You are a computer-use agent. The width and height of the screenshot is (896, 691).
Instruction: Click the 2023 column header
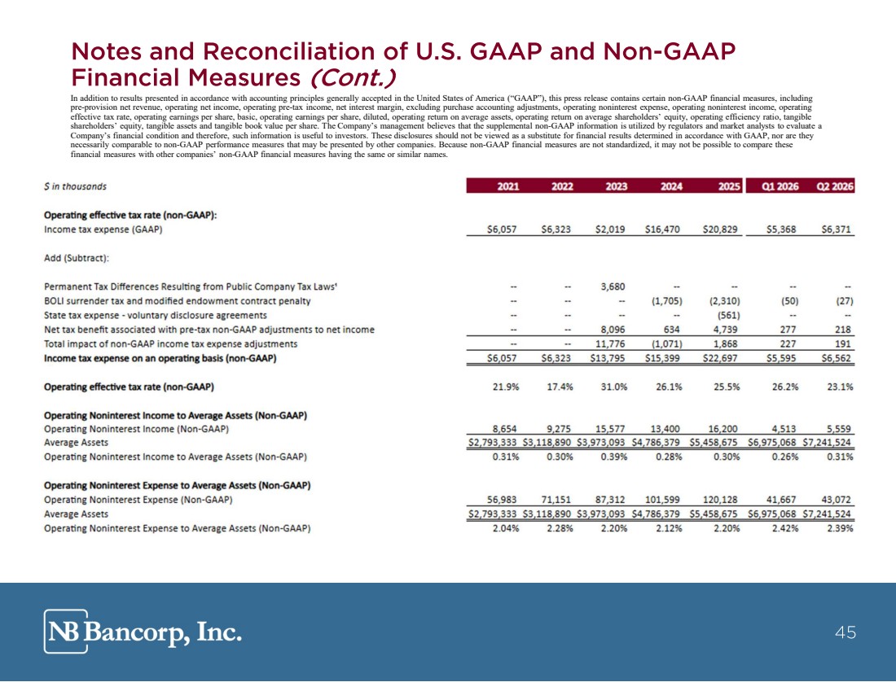[x=616, y=186]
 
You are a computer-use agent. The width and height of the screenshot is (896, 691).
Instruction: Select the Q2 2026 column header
[x=835, y=186]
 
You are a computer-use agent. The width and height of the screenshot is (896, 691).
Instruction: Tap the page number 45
[x=845, y=632]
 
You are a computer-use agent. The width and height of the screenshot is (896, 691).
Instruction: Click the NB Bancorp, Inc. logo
[x=143, y=631]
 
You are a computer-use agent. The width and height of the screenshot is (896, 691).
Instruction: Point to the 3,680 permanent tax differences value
[x=613, y=286]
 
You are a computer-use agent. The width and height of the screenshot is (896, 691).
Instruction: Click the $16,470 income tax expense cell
[x=662, y=230]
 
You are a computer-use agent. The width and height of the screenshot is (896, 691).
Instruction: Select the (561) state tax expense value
[x=728, y=315]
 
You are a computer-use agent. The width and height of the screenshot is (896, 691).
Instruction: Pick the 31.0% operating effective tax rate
[x=613, y=387]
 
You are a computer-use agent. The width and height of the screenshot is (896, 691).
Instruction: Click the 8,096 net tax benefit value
[x=613, y=330]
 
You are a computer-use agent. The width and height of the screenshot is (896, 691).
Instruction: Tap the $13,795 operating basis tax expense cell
[x=608, y=358]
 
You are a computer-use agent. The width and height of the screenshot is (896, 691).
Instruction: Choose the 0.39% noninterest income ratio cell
[x=613, y=457]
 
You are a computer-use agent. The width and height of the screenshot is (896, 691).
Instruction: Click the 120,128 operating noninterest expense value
[x=720, y=500]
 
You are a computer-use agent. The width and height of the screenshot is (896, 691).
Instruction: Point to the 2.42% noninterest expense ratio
[x=785, y=528]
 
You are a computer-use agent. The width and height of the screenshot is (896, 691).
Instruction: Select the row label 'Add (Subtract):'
[x=77, y=258]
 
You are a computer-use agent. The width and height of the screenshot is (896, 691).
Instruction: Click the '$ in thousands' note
[x=75, y=186]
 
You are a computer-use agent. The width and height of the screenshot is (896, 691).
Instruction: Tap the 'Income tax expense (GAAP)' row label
[x=103, y=230]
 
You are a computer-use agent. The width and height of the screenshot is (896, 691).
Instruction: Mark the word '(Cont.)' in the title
[x=352, y=77]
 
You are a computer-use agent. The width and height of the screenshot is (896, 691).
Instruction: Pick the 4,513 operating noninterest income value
[x=781, y=429]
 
